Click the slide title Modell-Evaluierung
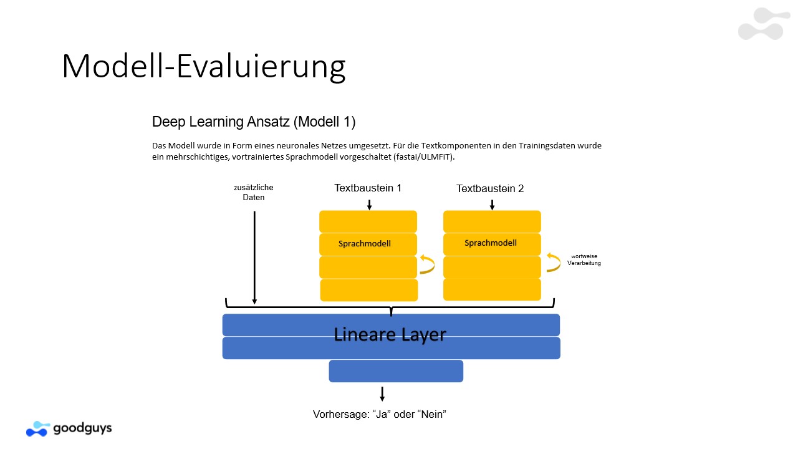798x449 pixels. pos(203,67)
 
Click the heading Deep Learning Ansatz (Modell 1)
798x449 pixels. pos(254,122)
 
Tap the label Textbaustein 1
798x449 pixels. pos(368,188)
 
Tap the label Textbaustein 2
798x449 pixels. pos(490,188)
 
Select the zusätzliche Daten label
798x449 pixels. pos(253,193)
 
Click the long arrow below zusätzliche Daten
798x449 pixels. pos(254,258)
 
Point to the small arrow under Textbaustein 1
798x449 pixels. pos(370,205)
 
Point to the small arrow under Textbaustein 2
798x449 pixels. pos(492,205)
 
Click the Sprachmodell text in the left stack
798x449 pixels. pos(365,244)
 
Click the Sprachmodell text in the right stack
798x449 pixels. pos(490,243)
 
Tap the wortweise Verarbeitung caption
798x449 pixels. pos(584,260)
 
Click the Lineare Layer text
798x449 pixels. pos(390,335)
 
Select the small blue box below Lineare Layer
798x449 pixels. pos(396,371)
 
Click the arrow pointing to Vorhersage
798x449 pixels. pos(382,393)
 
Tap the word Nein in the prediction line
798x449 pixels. pos(432,415)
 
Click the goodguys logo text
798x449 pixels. pos(82,428)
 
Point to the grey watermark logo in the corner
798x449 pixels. pos(764,24)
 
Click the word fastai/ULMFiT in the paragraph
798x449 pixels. pos(423,157)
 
